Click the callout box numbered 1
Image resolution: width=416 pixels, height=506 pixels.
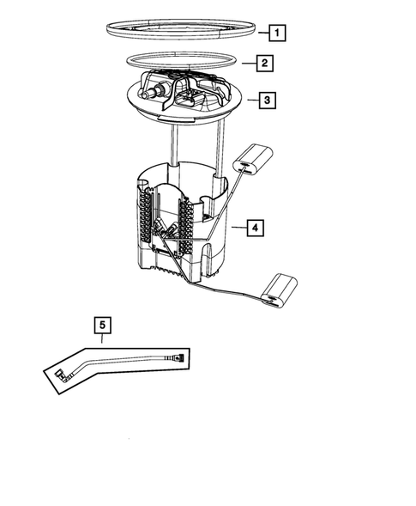pos(276,34)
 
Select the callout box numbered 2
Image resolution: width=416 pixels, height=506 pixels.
pos(266,64)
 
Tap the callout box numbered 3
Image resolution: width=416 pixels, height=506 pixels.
pos(268,101)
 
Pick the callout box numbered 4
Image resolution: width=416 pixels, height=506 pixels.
pos(254,228)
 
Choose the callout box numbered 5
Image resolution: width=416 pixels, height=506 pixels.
pos(103,325)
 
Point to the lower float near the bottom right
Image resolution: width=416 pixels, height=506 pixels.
pos(280,288)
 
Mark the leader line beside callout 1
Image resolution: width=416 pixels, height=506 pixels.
pos(261,34)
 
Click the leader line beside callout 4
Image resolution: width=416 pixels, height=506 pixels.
pos(238,228)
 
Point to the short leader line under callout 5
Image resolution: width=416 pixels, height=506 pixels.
pos(103,338)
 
